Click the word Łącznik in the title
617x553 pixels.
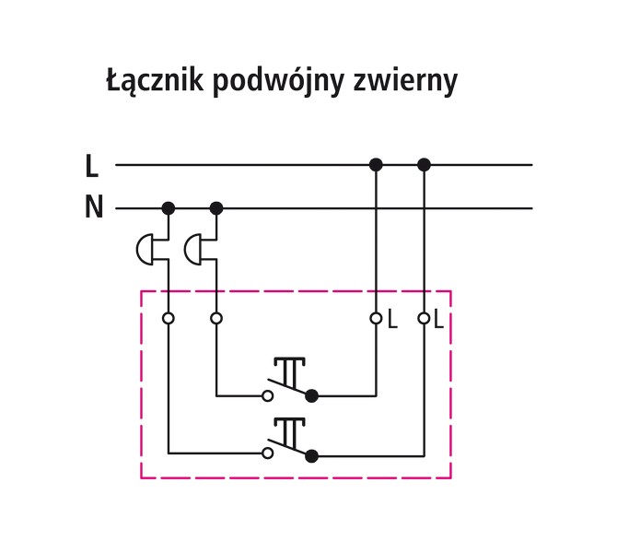click(154, 82)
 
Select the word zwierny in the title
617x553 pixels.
click(404, 83)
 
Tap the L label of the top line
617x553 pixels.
click(91, 167)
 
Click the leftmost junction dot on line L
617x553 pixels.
click(376, 165)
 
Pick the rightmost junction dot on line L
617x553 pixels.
click(424, 165)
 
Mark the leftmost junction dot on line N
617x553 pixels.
click(169, 208)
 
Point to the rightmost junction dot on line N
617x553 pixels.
click(216, 208)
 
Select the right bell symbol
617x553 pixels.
click(195, 248)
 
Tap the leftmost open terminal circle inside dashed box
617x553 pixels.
click(169, 319)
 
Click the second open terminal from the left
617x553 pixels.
click(216, 319)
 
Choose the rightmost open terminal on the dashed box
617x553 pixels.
click(424, 319)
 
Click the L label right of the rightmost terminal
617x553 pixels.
click(439, 320)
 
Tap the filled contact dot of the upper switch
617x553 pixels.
click(311, 396)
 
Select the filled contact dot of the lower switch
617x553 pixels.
click(311, 454)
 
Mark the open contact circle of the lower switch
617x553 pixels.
click(268, 453)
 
